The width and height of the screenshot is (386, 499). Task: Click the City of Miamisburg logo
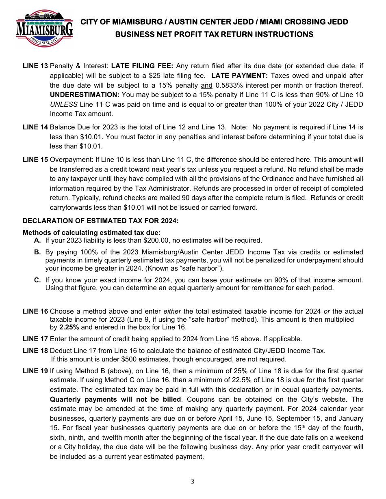pyautogui.click(x=45, y=28)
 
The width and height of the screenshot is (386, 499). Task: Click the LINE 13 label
pyautogui.click(x=35, y=66)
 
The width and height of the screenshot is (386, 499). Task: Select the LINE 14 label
pyautogui.click(x=35, y=127)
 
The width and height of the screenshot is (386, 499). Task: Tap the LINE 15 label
pyautogui.click(x=35, y=159)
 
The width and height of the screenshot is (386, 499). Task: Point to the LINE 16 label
pyautogui.click(x=35, y=311)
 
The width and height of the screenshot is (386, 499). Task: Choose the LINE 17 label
pyautogui.click(x=35, y=339)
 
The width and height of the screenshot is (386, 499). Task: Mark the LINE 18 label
pyautogui.click(x=35, y=351)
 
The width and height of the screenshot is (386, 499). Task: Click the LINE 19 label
pyautogui.click(x=35, y=371)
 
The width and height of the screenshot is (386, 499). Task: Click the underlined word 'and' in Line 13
pyautogui.click(x=207, y=85)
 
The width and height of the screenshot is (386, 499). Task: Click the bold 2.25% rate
pyautogui.click(x=69, y=327)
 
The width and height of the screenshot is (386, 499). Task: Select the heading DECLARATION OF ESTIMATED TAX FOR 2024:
pyautogui.click(x=100, y=221)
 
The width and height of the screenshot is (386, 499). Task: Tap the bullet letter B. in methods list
pyautogui.click(x=37, y=252)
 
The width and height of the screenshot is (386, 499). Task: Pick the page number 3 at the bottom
pyautogui.click(x=193, y=482)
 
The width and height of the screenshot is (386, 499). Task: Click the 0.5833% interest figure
pyautogui.click(x=232, y=85)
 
